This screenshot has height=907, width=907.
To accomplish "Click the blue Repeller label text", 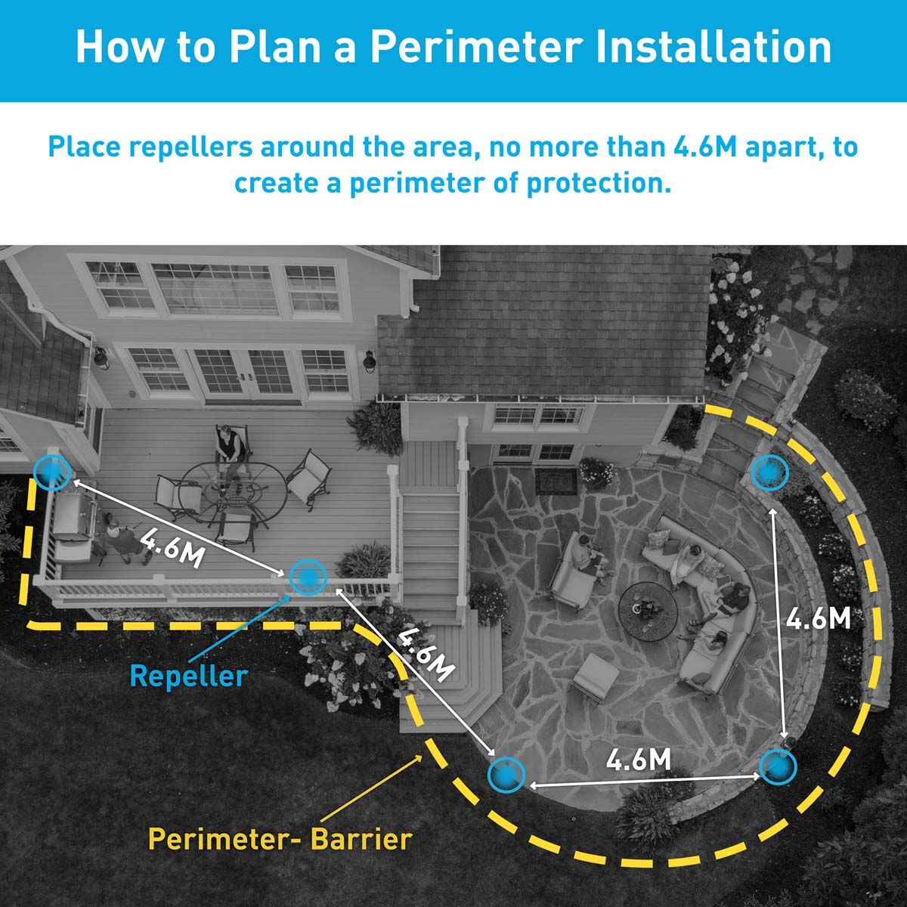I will coord(188,675).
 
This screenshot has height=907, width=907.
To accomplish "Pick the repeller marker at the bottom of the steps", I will coord(506,774).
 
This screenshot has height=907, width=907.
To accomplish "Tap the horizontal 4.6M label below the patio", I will coord(639,760).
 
